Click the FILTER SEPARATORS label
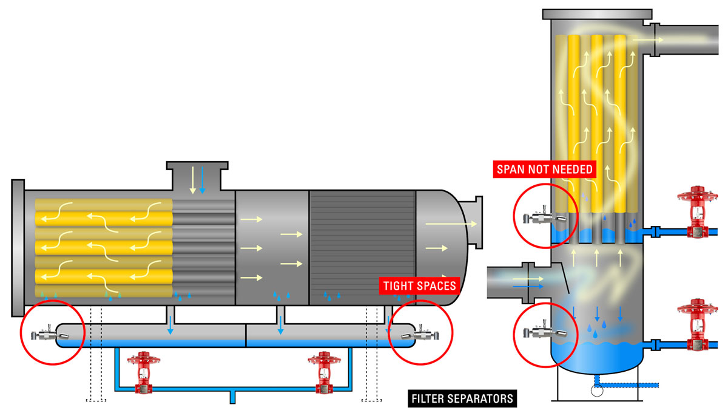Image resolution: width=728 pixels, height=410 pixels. tap(462, 399)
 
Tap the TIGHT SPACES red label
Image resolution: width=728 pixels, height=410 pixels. tap(418, 285)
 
